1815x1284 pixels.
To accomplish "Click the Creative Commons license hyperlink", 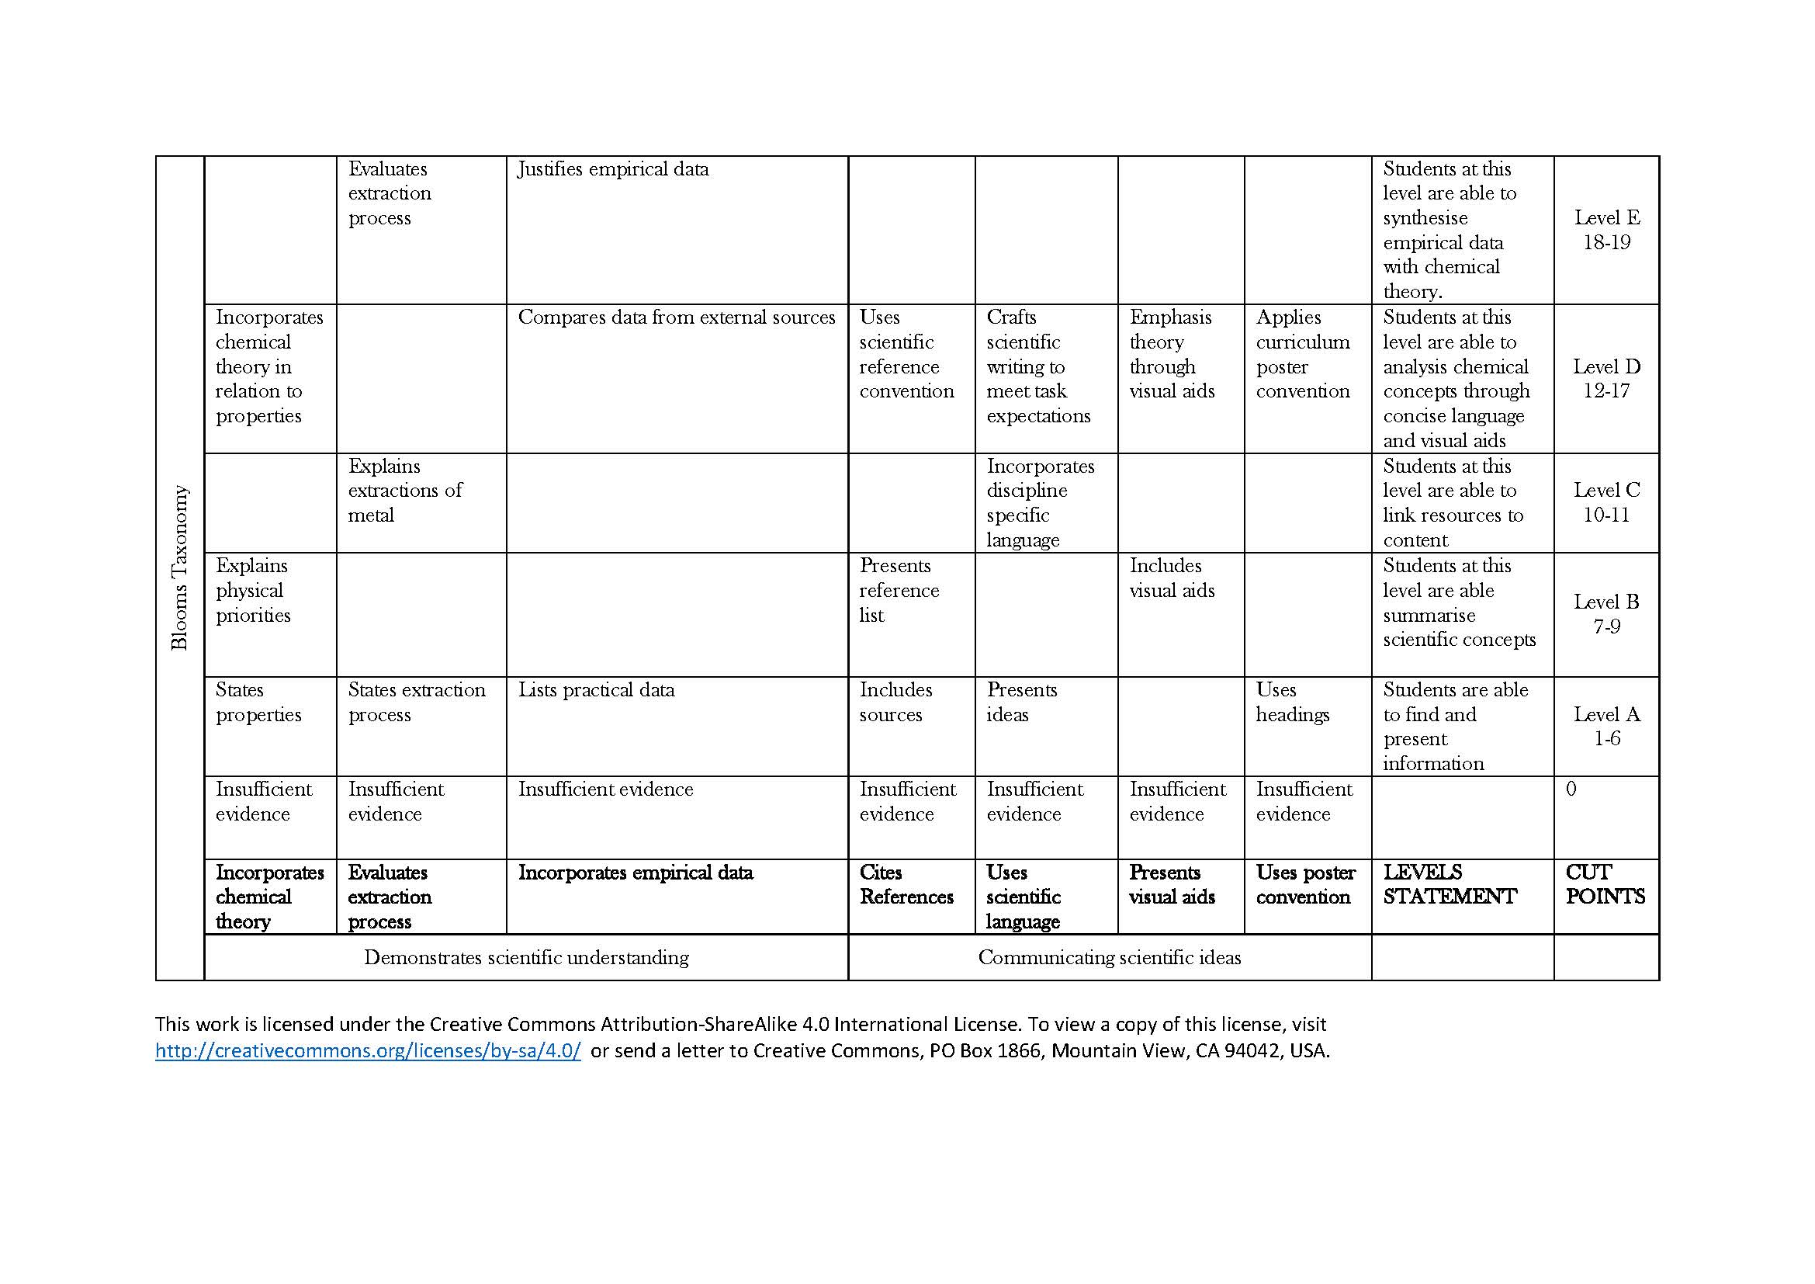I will point(368,1051).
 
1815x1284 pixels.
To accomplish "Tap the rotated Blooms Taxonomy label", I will point(180,567).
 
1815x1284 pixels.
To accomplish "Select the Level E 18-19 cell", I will point(1606,230).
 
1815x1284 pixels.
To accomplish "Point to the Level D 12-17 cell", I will point(1606,379).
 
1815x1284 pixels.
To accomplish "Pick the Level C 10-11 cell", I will point(1606,502).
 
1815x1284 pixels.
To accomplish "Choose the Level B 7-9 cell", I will point(1606,614).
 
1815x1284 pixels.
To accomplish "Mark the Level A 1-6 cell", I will point(1606,726).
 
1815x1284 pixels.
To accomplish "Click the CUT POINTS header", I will point(1605,884).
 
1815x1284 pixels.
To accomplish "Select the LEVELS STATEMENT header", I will point(1449,884).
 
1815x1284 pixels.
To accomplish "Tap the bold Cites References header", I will point(906,885).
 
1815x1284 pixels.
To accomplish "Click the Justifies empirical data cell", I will point(614,169).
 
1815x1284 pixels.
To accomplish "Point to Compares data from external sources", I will point(676,317).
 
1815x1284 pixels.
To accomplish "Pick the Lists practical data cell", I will point(596,690).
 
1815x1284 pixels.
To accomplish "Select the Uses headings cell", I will point(1292,702).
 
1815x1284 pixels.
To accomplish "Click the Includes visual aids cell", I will point(1171,578).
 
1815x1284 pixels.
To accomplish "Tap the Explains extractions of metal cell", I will point(405,490).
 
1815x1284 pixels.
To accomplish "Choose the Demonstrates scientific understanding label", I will point(525,957).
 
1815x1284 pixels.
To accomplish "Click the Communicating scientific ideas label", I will point(1109,957).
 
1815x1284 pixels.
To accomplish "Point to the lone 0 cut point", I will point(1571,789).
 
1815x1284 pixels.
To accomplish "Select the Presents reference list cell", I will point(899,591).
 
